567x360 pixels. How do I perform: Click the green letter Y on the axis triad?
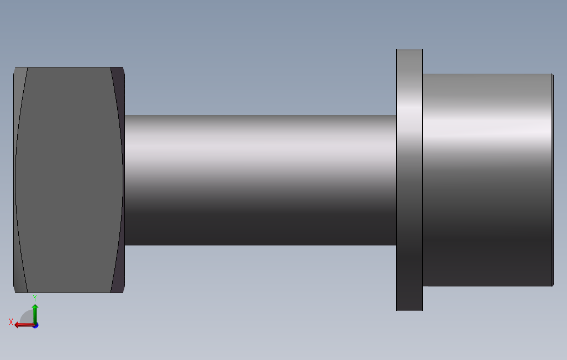coord(35,298)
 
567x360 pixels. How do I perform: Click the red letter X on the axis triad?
coord(11,322)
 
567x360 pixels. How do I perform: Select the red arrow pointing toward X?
coord(24,325)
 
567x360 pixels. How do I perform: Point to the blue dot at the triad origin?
coord(35,325)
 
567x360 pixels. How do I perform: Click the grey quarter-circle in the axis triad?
coord(27,317)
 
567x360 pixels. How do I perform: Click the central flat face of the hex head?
coord(69,179)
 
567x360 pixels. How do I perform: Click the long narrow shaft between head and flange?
coord(260,179)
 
